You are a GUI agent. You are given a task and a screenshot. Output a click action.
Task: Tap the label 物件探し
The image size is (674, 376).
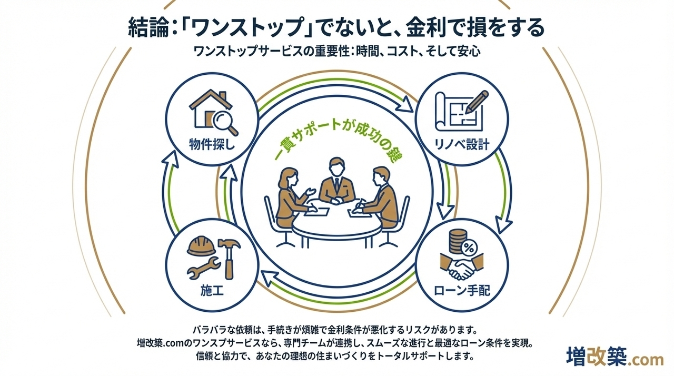pos(212,144)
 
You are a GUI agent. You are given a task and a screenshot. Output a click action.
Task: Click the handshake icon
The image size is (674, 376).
pos(462,269)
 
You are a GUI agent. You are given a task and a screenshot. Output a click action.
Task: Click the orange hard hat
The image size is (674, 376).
pos(202,244)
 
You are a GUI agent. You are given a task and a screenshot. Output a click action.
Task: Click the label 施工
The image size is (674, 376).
pos(212,290)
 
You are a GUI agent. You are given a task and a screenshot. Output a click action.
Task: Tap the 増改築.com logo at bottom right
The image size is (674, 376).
pos(614,359)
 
